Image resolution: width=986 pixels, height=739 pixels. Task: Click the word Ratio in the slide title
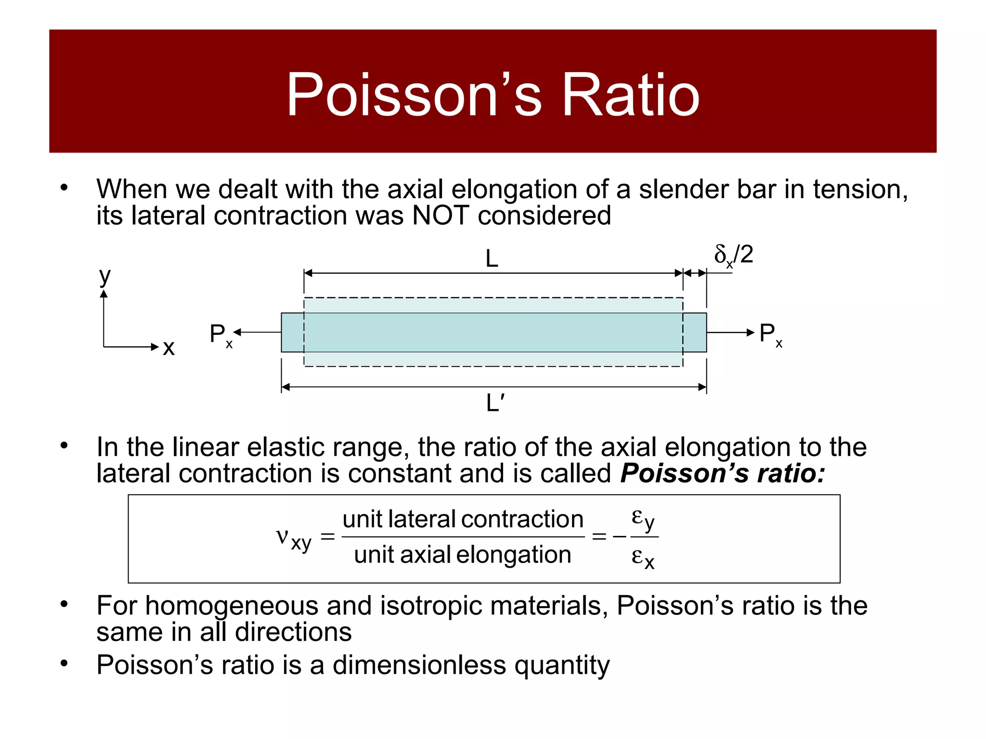coord(630,95)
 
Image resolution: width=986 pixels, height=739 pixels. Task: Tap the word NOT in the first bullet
coord(441,215)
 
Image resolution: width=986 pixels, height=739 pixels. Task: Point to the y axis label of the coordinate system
coord(104,277)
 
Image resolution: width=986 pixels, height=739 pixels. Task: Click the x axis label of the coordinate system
coord(169,347)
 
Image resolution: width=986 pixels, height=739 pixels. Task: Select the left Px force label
coord(221,334)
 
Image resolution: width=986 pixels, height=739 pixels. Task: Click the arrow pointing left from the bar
coord(257,332)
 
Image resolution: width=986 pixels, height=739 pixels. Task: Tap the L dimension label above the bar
coord(492,259)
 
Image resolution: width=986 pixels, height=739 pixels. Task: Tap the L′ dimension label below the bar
coord(495,403)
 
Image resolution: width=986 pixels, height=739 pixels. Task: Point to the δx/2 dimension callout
coord(733,255)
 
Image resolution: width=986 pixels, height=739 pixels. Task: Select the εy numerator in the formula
coord(643,519)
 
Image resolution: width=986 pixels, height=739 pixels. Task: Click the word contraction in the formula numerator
coord(522,519)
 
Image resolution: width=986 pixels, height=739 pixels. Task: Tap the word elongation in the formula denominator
coord(514,555)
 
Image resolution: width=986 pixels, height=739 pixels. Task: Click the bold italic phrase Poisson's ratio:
coord(722,473)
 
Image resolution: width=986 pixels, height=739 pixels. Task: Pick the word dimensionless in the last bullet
coord(419,665)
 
